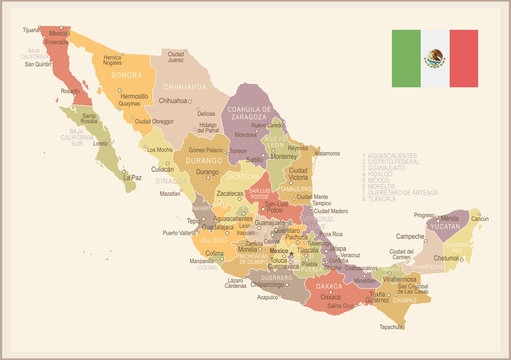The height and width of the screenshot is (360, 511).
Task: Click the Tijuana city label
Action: tap(32, 30)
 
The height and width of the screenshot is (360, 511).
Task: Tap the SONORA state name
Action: tap(125, 74)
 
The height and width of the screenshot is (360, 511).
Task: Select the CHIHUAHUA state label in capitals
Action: tap(185, 88)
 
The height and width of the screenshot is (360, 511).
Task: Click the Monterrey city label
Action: tap(284, 156)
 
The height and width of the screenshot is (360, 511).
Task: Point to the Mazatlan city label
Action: tap(170, 193)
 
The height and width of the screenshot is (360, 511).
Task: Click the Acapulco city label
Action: tap(267, 296)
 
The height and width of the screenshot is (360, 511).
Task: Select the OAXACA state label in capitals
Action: tap(329, 285)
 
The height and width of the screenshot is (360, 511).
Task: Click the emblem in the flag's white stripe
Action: tap(434, 59)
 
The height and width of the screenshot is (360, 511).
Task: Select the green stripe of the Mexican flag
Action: tap(405, 59)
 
